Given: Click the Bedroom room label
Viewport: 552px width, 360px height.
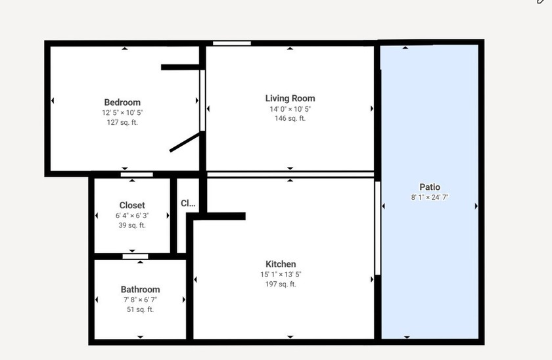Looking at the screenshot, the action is (x=122, y=102).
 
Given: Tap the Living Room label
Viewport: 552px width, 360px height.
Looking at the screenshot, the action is (x=290, y=99).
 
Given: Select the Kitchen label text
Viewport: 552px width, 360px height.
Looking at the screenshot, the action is (x=281, y=264).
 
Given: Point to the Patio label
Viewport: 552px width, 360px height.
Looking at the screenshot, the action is (x=430, y=187).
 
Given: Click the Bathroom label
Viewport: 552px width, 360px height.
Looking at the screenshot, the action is (x=140, y=289).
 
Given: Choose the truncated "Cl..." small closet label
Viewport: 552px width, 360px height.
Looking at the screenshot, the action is (x=188, y=203).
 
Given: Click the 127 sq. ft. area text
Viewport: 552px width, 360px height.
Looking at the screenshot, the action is (x=122, y=122).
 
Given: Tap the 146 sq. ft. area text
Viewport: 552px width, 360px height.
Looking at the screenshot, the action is (x=290, y=119).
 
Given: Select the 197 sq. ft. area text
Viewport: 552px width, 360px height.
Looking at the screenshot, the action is (x=281, y=284).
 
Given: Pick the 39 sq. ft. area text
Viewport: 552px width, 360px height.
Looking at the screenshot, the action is (x=132, y=225).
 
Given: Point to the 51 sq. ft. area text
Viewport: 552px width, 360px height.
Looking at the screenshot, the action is (x=140, y=309).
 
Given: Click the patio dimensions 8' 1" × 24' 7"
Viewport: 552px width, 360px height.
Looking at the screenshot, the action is (x=430, y=198).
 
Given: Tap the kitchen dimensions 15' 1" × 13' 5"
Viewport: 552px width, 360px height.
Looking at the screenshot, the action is (x=281, y=275).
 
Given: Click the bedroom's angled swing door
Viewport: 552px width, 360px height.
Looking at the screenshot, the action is (x=185, y=142).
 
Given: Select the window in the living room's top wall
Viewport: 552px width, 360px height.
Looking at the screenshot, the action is (x=231, y=43).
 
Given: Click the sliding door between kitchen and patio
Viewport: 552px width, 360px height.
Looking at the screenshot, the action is (x=377, y=228).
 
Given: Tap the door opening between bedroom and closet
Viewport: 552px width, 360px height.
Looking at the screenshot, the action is (x=137, y=175).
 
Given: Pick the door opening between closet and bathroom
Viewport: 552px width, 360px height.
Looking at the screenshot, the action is (x=135, y=257).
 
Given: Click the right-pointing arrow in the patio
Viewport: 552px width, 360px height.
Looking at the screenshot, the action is (x=476, y=206).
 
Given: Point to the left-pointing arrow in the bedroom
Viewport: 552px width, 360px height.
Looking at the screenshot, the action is (x=53, y=101).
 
